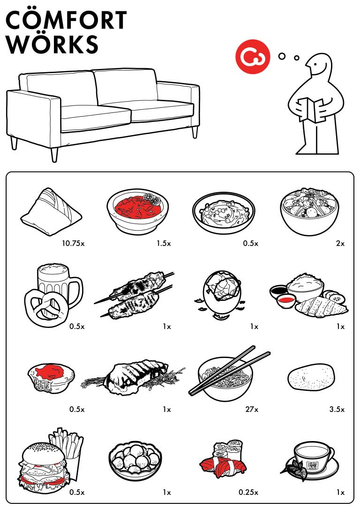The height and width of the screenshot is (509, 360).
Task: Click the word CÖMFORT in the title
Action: point(66,20)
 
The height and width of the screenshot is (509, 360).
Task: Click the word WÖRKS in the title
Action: point(52,44)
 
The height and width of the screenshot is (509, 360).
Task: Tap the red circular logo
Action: point(253,57)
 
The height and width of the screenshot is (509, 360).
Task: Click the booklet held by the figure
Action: point(311,110)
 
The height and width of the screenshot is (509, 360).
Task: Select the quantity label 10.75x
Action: point(73,243)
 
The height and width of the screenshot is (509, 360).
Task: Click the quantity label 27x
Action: point(252,409)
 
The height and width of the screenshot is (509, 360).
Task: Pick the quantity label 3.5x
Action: point(337,409)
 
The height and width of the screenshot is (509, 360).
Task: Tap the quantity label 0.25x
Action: point(248,493)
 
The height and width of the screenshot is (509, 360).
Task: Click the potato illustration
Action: point(311,377)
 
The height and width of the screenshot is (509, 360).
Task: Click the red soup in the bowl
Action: point(137,208)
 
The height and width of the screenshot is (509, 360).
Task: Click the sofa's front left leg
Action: point(54,155)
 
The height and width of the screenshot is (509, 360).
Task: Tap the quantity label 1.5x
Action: point(164,243)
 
